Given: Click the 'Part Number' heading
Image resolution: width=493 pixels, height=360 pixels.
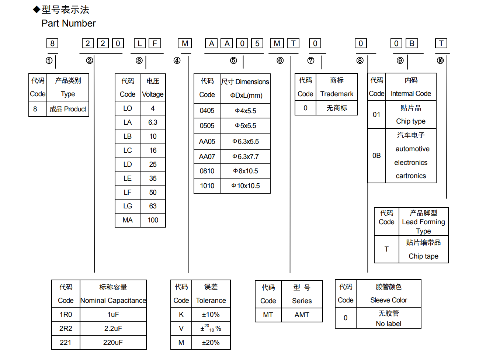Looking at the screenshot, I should tap(69, 24).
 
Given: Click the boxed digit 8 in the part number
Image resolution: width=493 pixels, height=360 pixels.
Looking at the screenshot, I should tap(52, 44).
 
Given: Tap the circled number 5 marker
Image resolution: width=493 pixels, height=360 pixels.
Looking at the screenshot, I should tap(233, 60).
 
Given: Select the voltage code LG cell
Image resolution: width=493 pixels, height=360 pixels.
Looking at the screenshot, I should tap(128, 206).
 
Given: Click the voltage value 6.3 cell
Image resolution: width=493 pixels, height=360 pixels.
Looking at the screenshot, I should tap(153, 122).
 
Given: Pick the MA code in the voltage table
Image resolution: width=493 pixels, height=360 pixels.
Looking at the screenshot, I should tap(128, 220).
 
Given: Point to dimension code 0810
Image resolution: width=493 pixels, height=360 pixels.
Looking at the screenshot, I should tap(207, 171).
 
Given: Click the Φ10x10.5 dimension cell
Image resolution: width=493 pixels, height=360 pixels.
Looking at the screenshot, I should tap(246, 186).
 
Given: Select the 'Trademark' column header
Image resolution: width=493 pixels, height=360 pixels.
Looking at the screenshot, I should tap(337, 94).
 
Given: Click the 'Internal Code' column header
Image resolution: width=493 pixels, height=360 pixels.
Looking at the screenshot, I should tap(411, 94).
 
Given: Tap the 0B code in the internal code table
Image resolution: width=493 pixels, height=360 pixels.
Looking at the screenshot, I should tap(376, 156).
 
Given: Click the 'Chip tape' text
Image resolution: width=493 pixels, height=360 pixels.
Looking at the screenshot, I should tap(423, 256).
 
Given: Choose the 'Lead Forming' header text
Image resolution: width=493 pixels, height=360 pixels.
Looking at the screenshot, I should tap(423, 222).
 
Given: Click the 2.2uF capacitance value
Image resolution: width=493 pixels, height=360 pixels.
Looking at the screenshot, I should tap(113, 329).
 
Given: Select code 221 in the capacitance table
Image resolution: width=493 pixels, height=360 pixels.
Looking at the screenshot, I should tap(66, 343).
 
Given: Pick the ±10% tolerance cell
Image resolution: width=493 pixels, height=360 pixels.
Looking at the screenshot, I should tap(211, 315).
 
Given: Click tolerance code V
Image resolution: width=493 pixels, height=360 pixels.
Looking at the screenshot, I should tap(181, 329).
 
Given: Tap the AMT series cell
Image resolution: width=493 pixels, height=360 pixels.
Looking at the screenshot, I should tap(302, 315).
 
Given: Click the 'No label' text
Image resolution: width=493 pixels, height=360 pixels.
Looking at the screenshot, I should tap(389, 324).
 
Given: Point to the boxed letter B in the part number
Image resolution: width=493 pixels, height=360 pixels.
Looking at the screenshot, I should tap(412, 44).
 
